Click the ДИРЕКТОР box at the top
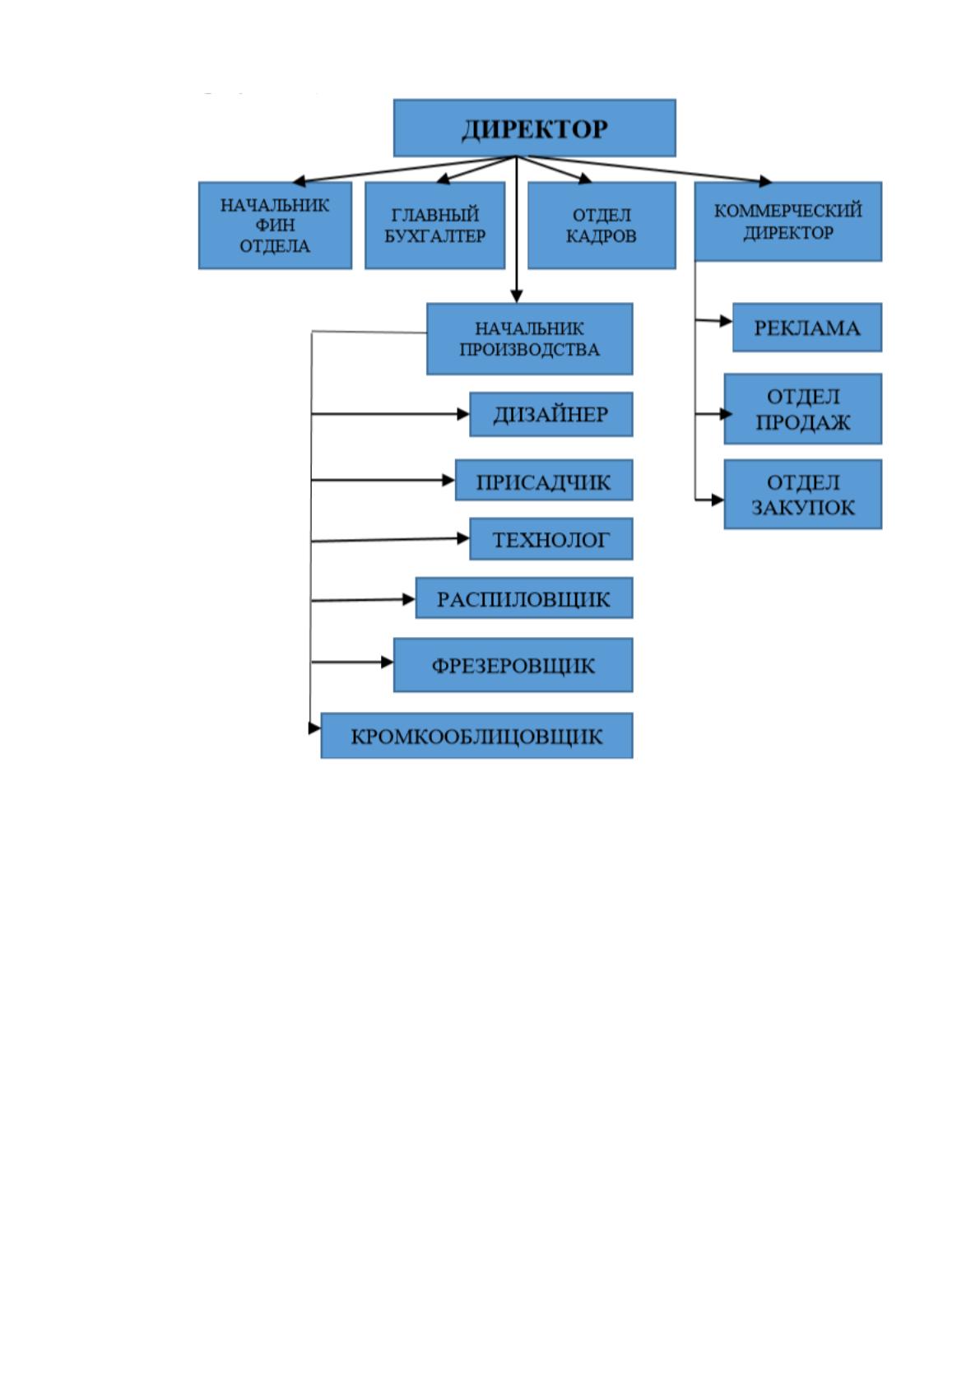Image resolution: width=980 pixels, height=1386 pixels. tap(535, 128)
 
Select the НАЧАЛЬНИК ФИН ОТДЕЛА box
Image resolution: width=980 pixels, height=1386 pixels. tap(276, 226)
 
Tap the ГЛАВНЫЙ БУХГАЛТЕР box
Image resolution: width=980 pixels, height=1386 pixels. tap(435, 226)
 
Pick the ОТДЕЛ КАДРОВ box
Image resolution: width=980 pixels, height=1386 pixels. tap(601, 226)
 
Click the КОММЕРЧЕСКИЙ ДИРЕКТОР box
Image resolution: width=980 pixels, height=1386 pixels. tap(788, 221)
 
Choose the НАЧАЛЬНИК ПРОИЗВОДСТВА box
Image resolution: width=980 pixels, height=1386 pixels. tap(530, 338)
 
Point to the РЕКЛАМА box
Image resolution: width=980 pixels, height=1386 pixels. tap(807, 328)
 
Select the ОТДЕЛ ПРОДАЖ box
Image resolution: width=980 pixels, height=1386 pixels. tap(803, 409)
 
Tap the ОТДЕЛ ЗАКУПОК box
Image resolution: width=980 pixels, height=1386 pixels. tap(803, 495)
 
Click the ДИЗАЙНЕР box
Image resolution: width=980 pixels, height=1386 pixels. tap(551, 414)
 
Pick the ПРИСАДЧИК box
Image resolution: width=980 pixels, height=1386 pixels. tap(544, 480)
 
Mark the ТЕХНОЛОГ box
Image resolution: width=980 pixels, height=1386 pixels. tap(551, 539)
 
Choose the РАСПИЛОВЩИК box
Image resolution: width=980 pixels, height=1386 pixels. tap(524, 598)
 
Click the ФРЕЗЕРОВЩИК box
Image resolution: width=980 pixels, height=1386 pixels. tap(513, 665)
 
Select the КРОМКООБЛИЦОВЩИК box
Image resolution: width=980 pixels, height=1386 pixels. tap(477, 736)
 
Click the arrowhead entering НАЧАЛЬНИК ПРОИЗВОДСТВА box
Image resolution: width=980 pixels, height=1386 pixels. tap(517, 295)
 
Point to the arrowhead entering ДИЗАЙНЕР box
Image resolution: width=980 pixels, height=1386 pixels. tap(463, 414)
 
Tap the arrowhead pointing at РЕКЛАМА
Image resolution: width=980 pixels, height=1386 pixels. tap(726, 321)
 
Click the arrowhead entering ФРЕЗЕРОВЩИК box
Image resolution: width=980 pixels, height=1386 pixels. tap(388, 662)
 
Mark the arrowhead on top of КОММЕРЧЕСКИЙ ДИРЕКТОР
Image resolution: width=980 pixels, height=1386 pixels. tap(766, 181)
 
